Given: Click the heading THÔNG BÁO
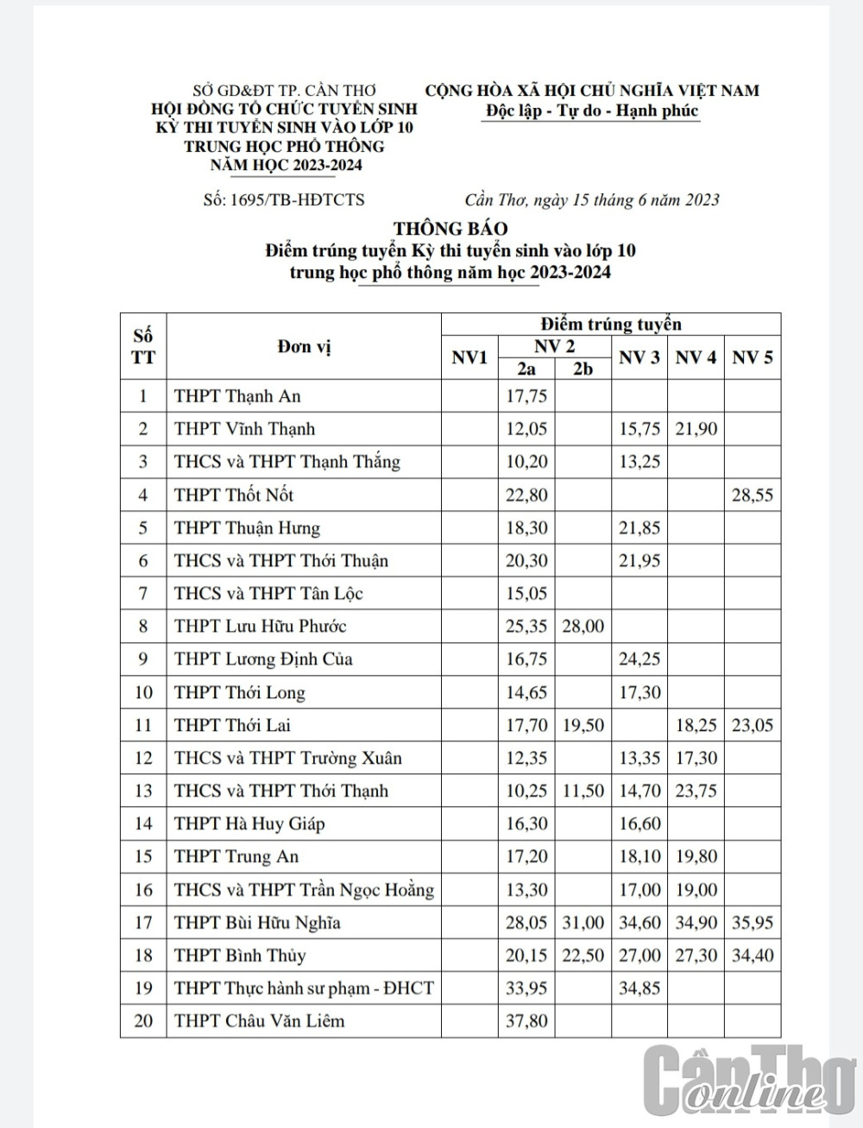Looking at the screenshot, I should point(450,229).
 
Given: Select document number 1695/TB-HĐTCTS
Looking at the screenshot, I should point(284,200).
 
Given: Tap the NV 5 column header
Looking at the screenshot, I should point(752,357).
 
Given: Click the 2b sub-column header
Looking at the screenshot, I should point(583,369).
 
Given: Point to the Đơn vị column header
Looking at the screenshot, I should point(304,347).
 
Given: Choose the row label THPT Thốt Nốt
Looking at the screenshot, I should point(234,495).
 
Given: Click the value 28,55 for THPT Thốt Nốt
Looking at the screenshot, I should point(752,495).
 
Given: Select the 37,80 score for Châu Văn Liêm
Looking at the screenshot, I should point(526,1021).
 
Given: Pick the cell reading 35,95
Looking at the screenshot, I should point(752,923).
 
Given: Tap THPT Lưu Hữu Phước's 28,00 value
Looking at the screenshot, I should point(583,627).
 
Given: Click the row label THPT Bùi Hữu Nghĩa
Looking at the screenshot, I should point(257,923).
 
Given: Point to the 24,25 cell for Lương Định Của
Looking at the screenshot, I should point(639,659).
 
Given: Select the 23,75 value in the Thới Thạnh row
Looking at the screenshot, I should point(696,791).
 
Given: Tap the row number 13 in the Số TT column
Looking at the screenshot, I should point(143,791).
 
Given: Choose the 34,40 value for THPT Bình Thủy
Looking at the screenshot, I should point(752,955).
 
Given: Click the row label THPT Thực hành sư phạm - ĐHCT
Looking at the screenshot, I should point(304,988).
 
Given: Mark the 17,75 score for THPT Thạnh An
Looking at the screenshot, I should point(526,397).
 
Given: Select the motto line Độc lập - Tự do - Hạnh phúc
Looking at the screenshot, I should point(591,111).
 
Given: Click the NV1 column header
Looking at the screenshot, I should point(469,357).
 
